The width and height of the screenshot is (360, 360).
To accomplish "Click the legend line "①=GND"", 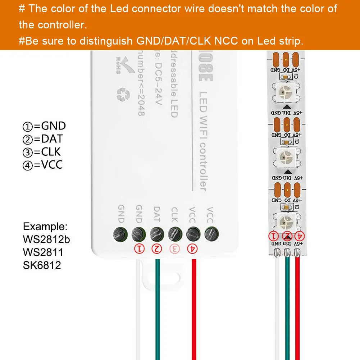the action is (44, 126).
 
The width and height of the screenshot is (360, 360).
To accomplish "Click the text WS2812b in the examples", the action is (46, 239).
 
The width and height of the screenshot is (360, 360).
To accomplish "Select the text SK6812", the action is (42, 265).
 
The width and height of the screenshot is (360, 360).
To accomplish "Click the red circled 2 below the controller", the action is (156, 248).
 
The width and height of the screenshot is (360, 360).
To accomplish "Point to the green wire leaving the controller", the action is (157, 306).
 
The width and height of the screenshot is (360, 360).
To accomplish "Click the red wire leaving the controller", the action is (193, 306).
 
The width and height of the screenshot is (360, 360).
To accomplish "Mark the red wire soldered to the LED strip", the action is (297, 306).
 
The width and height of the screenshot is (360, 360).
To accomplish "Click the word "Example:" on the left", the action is (45, 227).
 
